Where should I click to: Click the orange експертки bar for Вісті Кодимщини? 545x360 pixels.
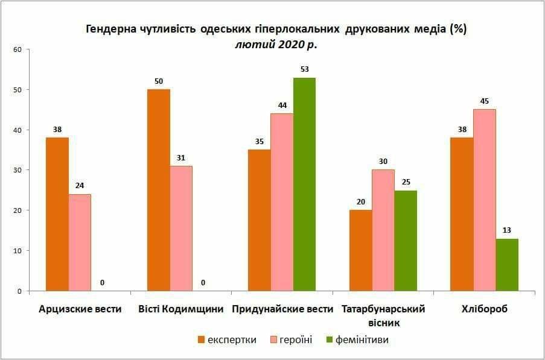pyautogui.click(x=159, y=190)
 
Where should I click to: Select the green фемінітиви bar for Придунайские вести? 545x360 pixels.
pyautogui.click(x=305, y=184)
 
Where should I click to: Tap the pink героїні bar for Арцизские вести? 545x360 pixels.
pyautogui.click(x=80, y=242)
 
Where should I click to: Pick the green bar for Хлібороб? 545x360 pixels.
pyautogui.click(x=507, y=265)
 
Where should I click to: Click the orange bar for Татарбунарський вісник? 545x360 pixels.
pyautogui.click(x=361, y=250)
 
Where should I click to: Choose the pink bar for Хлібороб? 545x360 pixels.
pyautogui.click(x=485, y=200)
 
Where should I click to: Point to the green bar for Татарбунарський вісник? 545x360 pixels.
pyautogui.click(x=406, y=241)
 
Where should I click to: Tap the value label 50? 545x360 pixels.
pyautogui.click(x=159, y=81)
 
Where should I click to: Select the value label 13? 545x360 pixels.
pyautogui.click(x=507, y=230)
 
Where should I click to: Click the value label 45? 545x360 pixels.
pyautogui.click(x=485, y=101)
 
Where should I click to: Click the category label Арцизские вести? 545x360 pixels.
pyautogui.click(x=80, y=309)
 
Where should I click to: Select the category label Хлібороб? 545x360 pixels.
pyautogui.click(x=485, y=309)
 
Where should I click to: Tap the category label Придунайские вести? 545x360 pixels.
pyautogui.click(x=282, y=309)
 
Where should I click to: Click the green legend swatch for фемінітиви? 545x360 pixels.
pyautogui.click(x=330, y=340)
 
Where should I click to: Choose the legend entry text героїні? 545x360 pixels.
pyautogui.click(x=295, y=340)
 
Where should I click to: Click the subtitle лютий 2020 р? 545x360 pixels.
pyautogui.click(x=276, y=43)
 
